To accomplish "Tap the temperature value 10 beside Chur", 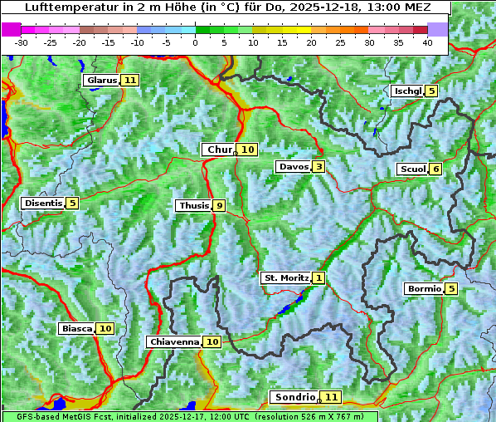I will coord(249,150).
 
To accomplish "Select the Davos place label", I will coord(294,167).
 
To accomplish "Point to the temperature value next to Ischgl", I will coord(431,91).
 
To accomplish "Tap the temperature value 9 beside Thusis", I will coord(219,206).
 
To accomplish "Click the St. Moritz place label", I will coord(286,278).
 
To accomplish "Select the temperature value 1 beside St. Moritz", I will coord(319,278).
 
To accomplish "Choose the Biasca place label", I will coord(77,329).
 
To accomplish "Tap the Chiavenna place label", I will coord(174,341).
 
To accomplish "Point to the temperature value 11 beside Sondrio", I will coord(332,398).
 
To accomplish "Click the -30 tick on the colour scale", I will coord(22,42).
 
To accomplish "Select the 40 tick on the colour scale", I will coord(427,42).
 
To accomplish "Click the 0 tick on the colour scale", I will coord(196,42).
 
